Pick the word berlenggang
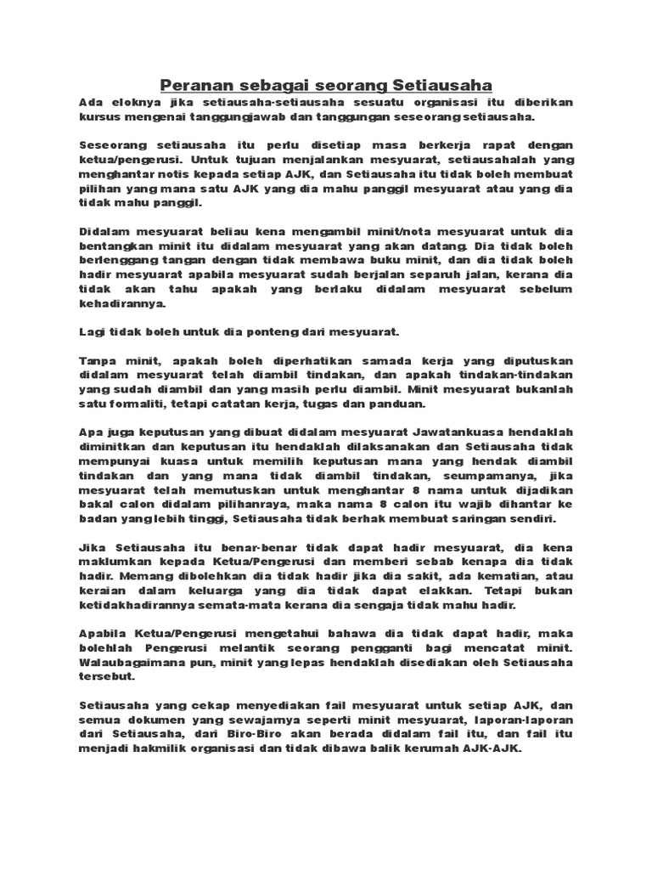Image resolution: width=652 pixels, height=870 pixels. [116, 261]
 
